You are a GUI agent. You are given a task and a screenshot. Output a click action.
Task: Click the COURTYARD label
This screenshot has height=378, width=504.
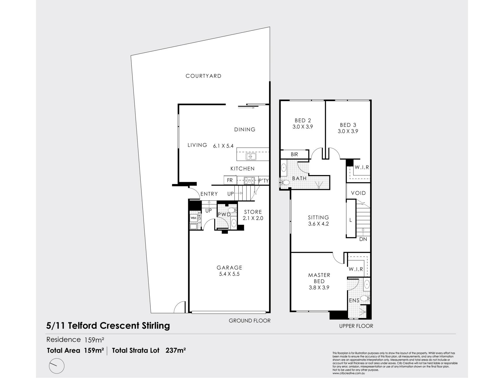click(x=203, y=76)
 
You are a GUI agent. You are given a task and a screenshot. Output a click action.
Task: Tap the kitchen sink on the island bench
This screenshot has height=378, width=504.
click(x=251, y=157)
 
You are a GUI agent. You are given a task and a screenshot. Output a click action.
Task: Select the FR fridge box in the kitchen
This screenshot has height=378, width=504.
click(x=230, y=180)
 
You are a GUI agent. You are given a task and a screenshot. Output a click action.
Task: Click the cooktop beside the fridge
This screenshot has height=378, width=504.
click(x=249, y=180)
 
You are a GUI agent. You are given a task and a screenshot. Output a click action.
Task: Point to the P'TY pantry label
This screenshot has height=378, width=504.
click(x=264, y=181)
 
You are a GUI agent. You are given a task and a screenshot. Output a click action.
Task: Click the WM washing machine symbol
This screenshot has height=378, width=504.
click(x=193, y=218)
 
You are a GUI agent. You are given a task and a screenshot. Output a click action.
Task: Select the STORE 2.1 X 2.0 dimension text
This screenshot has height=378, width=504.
click(x=253, y=218)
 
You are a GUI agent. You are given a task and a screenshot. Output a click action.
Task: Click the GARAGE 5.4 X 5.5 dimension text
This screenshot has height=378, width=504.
click(x=229, y=274)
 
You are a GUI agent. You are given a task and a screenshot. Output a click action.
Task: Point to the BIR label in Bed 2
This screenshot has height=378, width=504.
click(x=294, y=155)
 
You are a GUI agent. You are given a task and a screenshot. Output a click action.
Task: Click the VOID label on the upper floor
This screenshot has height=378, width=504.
click(x=358, y=193)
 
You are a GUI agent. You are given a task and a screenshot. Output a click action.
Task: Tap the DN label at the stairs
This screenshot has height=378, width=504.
click(x=363, y=239)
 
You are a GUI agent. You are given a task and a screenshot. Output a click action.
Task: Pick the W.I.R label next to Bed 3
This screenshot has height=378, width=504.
click(x=362, y=167)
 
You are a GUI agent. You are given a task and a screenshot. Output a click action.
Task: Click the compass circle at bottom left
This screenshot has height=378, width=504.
click(x=56, y=366)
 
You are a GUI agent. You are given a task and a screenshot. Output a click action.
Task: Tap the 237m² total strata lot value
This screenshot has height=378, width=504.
click(x=176, y=350)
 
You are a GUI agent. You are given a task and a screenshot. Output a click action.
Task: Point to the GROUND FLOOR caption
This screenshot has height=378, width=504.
click(x=250, y=321)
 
